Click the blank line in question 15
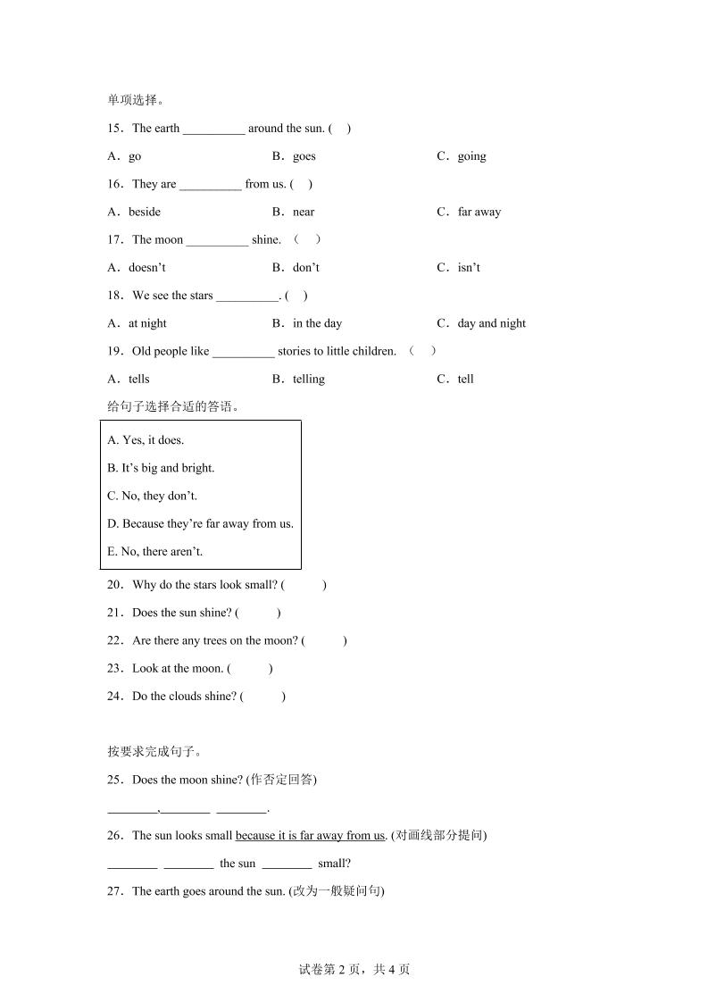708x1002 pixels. [x=213, y=129]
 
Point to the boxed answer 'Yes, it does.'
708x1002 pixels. [x=146, y=440]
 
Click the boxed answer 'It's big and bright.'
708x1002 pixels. [x=161, y=468]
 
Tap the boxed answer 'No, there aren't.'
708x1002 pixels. [x=154, y=551]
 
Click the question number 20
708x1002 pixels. [x=114, y=585]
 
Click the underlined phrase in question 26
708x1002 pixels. [x=310, y=836]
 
